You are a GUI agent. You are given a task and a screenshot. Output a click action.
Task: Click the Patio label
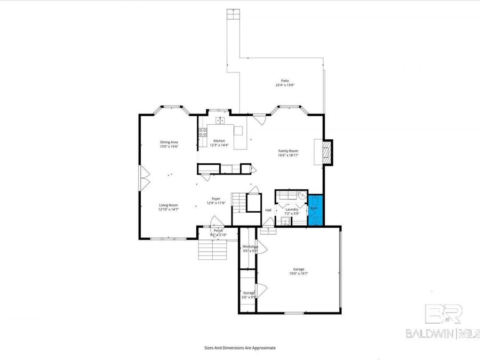point(285,81)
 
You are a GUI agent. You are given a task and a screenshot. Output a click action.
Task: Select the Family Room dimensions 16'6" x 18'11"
point(288,156)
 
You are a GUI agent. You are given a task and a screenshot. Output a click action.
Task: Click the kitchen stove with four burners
point(203,132)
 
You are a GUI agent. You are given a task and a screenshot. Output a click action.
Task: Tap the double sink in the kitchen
point(220,121)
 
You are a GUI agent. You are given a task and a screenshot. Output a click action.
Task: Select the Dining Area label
point(169,142)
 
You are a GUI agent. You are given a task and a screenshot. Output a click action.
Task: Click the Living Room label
point(168,205)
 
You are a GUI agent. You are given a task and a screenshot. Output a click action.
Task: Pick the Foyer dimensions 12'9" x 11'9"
point(215,203)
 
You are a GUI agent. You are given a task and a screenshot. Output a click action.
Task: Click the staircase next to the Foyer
point(239,203)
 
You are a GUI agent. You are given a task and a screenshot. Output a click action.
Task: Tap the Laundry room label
point(292,209)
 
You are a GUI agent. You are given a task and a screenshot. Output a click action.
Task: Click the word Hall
point(268,210)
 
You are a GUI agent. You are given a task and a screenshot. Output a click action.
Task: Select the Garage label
point(299,269)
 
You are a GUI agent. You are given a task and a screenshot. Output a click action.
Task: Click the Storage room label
point(249,292)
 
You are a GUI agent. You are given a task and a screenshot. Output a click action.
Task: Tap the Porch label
point(218,230)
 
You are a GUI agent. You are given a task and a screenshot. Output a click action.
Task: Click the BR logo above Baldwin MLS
point(443,314)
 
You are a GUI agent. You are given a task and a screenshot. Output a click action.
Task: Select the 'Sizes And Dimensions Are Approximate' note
point(240,347)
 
